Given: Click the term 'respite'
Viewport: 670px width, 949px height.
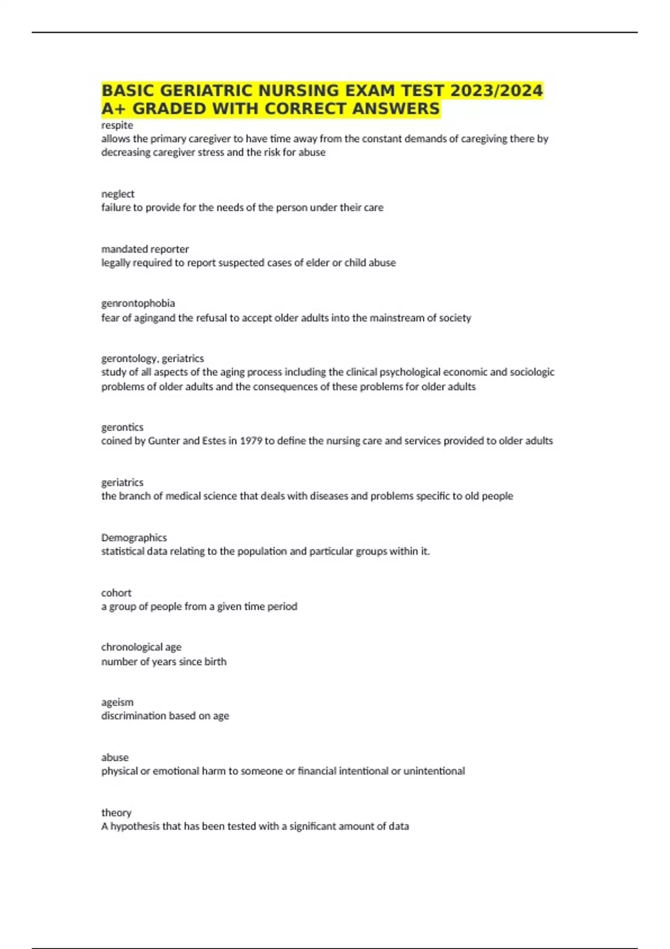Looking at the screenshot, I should coord(117,125).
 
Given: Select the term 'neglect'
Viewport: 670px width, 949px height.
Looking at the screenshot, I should coord(117,194).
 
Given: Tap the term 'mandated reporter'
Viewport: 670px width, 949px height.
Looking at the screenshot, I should coord(145,249).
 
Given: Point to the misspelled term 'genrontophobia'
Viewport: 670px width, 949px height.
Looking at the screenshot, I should coord(138,303).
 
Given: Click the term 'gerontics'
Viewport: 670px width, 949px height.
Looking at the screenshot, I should coord(122,427).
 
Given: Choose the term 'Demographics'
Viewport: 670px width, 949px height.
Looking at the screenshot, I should coord(133,538).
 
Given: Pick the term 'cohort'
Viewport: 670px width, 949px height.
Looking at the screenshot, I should coord(116,593).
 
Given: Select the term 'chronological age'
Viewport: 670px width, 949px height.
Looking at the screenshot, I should coord(141,647).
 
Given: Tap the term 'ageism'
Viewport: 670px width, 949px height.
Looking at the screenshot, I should coord(117,702).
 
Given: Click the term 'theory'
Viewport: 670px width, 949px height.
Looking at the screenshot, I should coord(116,813).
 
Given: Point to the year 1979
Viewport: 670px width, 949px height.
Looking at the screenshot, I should coord(251,440).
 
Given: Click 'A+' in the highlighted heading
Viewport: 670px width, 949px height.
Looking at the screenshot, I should coord(114,108).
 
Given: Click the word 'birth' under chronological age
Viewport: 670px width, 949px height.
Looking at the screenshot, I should coord(215,662).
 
